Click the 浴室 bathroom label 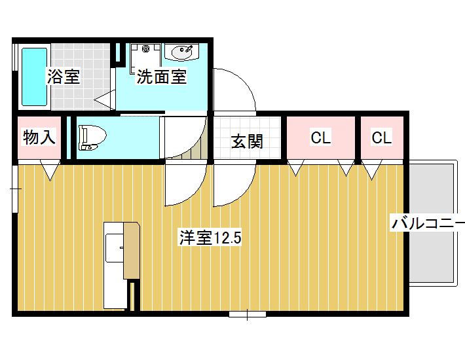[64, 77]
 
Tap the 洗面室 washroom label [162, 77]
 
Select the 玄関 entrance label [247, 141]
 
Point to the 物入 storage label [39, 137]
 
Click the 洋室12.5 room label [210, 238]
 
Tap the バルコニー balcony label [428, 223]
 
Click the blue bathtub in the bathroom [35, 77]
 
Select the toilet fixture [92, 137]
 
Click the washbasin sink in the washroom [181, 52]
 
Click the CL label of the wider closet [321, 137]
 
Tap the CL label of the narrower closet [382, 137]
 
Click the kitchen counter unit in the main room [122, 266]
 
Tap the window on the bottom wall [248, 314]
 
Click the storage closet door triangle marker [50, 170]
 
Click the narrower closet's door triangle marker [372, 170]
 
